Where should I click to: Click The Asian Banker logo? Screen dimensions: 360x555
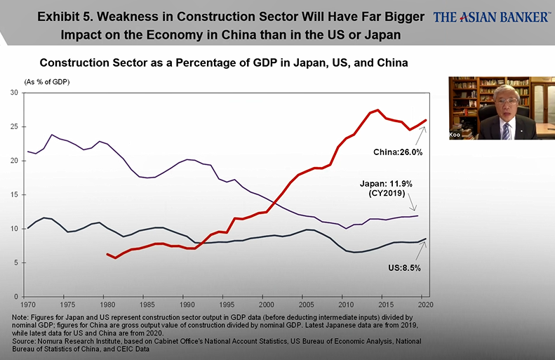[492, 16]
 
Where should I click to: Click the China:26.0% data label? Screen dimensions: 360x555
[396, 151]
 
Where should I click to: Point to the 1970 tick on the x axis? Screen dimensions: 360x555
[27, 305]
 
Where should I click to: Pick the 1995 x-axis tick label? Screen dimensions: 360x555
[226, 305]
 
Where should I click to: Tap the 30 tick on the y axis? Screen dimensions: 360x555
[15, 93]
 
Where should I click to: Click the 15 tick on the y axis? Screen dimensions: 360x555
[15, 194]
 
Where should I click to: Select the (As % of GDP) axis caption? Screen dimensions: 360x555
[48, 82]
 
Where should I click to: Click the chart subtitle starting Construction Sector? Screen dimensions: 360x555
[224, 63]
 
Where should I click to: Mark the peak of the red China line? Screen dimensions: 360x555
[378, 110]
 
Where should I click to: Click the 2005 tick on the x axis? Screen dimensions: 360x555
[305, 305]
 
